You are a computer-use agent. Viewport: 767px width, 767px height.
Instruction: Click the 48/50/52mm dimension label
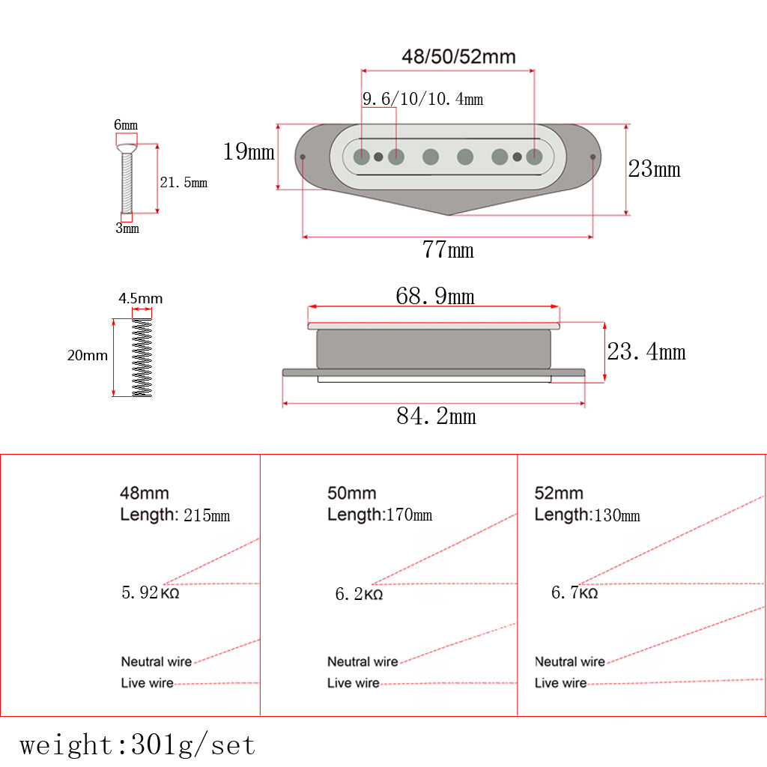[x=458, y=57]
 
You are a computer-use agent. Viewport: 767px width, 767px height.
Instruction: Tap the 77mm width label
[x=448, y=249]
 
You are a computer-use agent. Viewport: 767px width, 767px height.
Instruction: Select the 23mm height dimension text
[x=654, y=169]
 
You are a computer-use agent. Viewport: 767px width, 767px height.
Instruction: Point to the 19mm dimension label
[x=249, y=151]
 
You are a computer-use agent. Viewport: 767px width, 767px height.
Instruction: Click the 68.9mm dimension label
[x=435, y=296]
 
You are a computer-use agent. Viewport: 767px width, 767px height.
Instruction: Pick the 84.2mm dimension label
[x=436, y=416]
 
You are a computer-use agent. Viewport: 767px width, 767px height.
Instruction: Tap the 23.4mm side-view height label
[x=646, y=352]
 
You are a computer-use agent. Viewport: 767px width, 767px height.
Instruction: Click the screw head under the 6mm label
[x=127, y=148]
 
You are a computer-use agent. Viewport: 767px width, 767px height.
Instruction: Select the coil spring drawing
[x=142, y=357]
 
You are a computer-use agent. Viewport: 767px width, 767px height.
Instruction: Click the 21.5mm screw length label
[x=184, y=183]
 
